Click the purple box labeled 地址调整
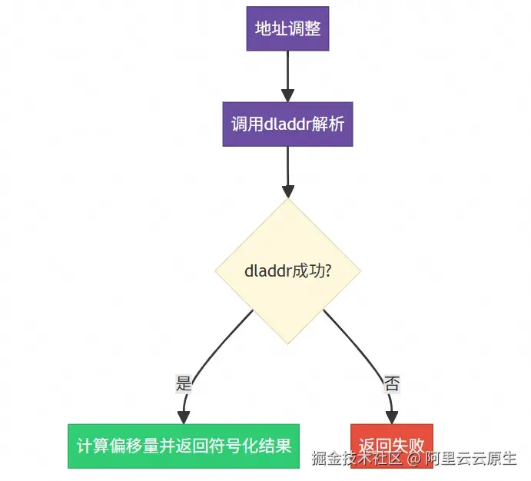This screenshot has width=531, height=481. point(287,28)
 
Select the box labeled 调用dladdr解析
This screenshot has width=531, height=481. point(287,124)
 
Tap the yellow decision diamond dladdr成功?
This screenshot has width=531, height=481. point(287,270)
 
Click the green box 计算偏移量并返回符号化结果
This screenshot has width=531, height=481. point(184,446)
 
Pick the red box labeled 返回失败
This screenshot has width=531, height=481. point(392,446)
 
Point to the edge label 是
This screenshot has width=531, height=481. point(184,383)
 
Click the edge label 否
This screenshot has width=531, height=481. point(392,383)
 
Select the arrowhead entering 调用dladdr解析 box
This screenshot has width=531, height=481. point(287,95)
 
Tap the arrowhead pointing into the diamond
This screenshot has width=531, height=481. point(288,191)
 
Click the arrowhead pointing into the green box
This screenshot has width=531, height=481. point(184,418)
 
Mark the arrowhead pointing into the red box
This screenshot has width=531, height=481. point(392,418)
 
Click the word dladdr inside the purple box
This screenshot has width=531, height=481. point(287,124)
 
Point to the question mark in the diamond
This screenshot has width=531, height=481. point(328,270)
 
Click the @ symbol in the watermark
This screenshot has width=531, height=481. point(413,459)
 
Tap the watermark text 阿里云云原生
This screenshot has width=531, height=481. point(471,459)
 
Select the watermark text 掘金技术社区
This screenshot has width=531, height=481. point(357,459)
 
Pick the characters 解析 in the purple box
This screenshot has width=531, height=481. point(328,124)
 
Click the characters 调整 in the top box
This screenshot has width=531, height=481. point(304,28)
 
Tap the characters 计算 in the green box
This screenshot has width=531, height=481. point(93,446)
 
